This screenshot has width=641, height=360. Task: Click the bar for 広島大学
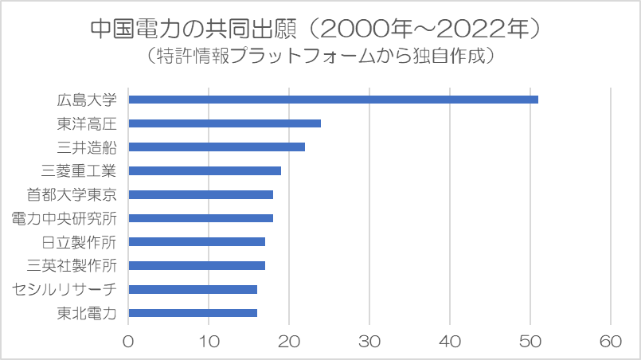(x=333, y=100)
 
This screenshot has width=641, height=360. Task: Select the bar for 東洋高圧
(x=225, y=123)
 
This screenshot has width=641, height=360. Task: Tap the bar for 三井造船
(x=217, y=147)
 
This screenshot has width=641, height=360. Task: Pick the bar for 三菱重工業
(x=205, y=170)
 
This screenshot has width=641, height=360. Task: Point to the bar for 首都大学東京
(x=201, y=194)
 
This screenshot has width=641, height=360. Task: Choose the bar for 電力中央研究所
(x=201, y=218)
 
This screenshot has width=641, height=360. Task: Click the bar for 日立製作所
(x=197, y=242)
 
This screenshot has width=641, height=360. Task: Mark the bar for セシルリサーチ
(x=193, y=289)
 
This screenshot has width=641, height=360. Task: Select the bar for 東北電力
(x=193, y=313)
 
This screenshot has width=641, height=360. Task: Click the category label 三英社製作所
(x=72, y=265)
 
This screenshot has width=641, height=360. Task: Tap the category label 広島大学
(x=87, y=100)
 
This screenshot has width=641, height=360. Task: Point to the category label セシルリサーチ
(x=64, y=289)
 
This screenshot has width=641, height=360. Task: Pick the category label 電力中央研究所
(x=64, y=218)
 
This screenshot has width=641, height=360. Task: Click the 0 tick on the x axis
(x=128, y=341)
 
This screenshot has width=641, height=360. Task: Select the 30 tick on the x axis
(x=369, y=341)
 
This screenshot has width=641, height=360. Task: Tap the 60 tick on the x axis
(x=611, y=341)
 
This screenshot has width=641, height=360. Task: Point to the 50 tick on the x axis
(x=530, y=341)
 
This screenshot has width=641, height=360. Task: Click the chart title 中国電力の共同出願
(x=193, y=29)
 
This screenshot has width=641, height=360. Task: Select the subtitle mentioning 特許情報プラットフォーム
(x=320, y=56)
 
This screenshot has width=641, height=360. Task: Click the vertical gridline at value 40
(x=450, y=206)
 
